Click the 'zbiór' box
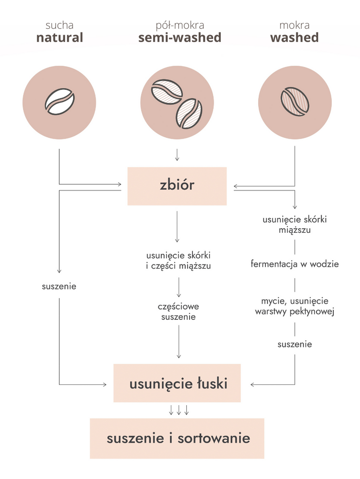[177, 186]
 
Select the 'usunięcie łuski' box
[177, 383]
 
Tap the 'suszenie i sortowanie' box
[177, 438]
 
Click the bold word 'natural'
[60, 38]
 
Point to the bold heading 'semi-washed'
[180, 38]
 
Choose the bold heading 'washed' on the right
[294, 38]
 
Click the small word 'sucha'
[60, 25]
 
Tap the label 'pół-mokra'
[180, 25]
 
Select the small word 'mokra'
[294, 25]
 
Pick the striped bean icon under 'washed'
[294, 101]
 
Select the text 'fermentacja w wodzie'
[294, 264]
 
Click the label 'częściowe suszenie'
[179, 311]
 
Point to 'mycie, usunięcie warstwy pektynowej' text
[294, 306]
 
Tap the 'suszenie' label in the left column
[60, 287]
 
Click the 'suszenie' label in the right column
[294, 344]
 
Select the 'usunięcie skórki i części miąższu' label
[179, 260]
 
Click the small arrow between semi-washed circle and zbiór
[177, 155]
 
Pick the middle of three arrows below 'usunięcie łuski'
[179, 410]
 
